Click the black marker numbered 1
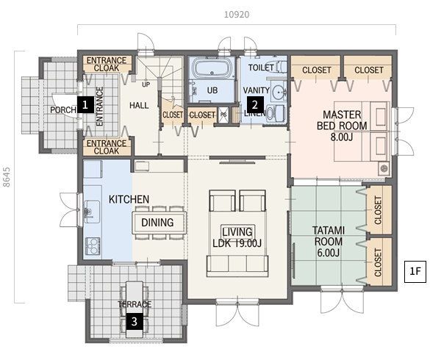(85, 104)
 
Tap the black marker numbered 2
(255, 104)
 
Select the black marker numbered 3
(135, 321)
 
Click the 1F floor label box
(415, 271)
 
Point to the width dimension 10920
(237, 15)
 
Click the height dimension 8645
(7, 177)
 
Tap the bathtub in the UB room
(212, 68)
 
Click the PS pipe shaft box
(223, 115)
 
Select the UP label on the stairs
(146, 84)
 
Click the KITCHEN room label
(129, 199)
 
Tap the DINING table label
(157, 223)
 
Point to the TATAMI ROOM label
(329, 242)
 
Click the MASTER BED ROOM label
(342, 126)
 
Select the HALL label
(139, 105)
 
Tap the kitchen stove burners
(93, 246)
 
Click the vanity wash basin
(279, 91)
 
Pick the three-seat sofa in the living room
(237, 265)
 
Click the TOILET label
(261, 68)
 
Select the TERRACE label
(135, 304)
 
